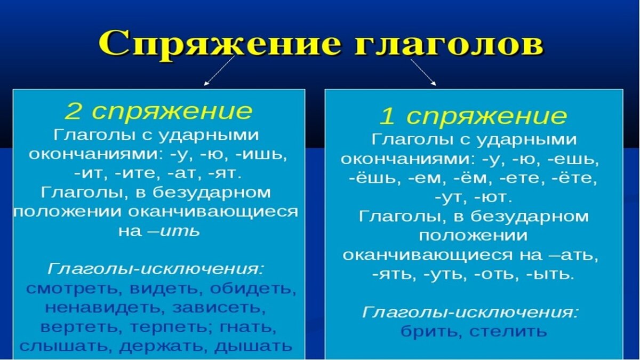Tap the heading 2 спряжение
158,111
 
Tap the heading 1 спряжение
473,116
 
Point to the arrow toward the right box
423,71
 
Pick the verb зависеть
218,308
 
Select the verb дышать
253,346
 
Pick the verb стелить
508,331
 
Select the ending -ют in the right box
497,197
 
